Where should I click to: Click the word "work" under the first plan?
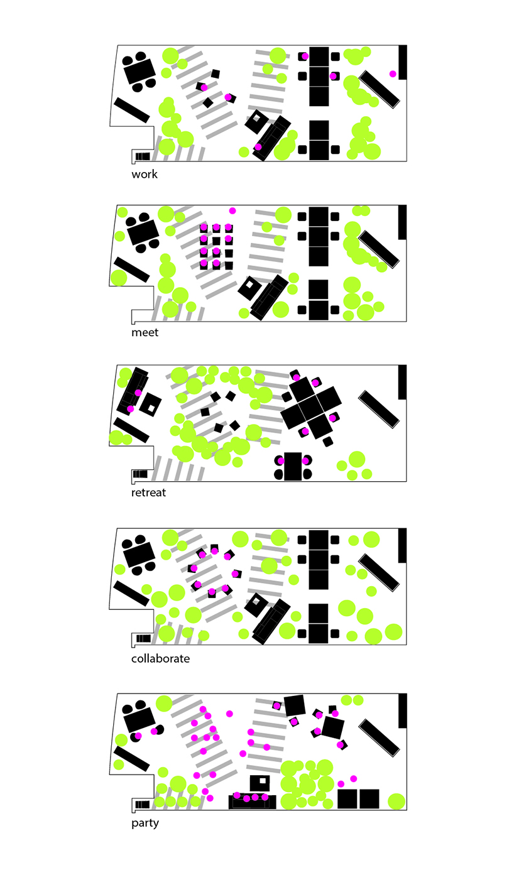[x=145, y=174]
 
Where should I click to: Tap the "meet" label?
[x=145, y=332]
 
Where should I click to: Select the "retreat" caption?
[x=148, y=492]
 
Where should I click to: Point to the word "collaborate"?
[x=160, y=658]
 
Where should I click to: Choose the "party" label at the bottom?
[x=145, y=823]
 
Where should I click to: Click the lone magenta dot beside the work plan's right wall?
[x=393, y=74]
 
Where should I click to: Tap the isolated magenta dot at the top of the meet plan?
[x=232, y=211]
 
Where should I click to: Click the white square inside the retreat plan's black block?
[x=151, y=408]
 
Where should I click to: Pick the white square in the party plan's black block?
[x=263, y=781]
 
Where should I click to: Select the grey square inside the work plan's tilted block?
[x=256, y=117]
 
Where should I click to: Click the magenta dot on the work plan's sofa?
[x=258, y=147]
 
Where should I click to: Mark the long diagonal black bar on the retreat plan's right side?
[x=379, y=409]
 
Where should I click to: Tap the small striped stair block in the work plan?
[x=142, y=156]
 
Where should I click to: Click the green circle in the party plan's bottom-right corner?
[x=396, y=801]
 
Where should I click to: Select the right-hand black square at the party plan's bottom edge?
[x=369, y=799]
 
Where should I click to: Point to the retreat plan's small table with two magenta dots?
[x=293, y=467]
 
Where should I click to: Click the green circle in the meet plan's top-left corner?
[x=123, y=212]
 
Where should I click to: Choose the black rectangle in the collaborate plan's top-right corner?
[x=403, y=545]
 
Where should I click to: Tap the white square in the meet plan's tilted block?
[x=249, y=285]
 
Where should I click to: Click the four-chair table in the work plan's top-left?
[x=139, y=72]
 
